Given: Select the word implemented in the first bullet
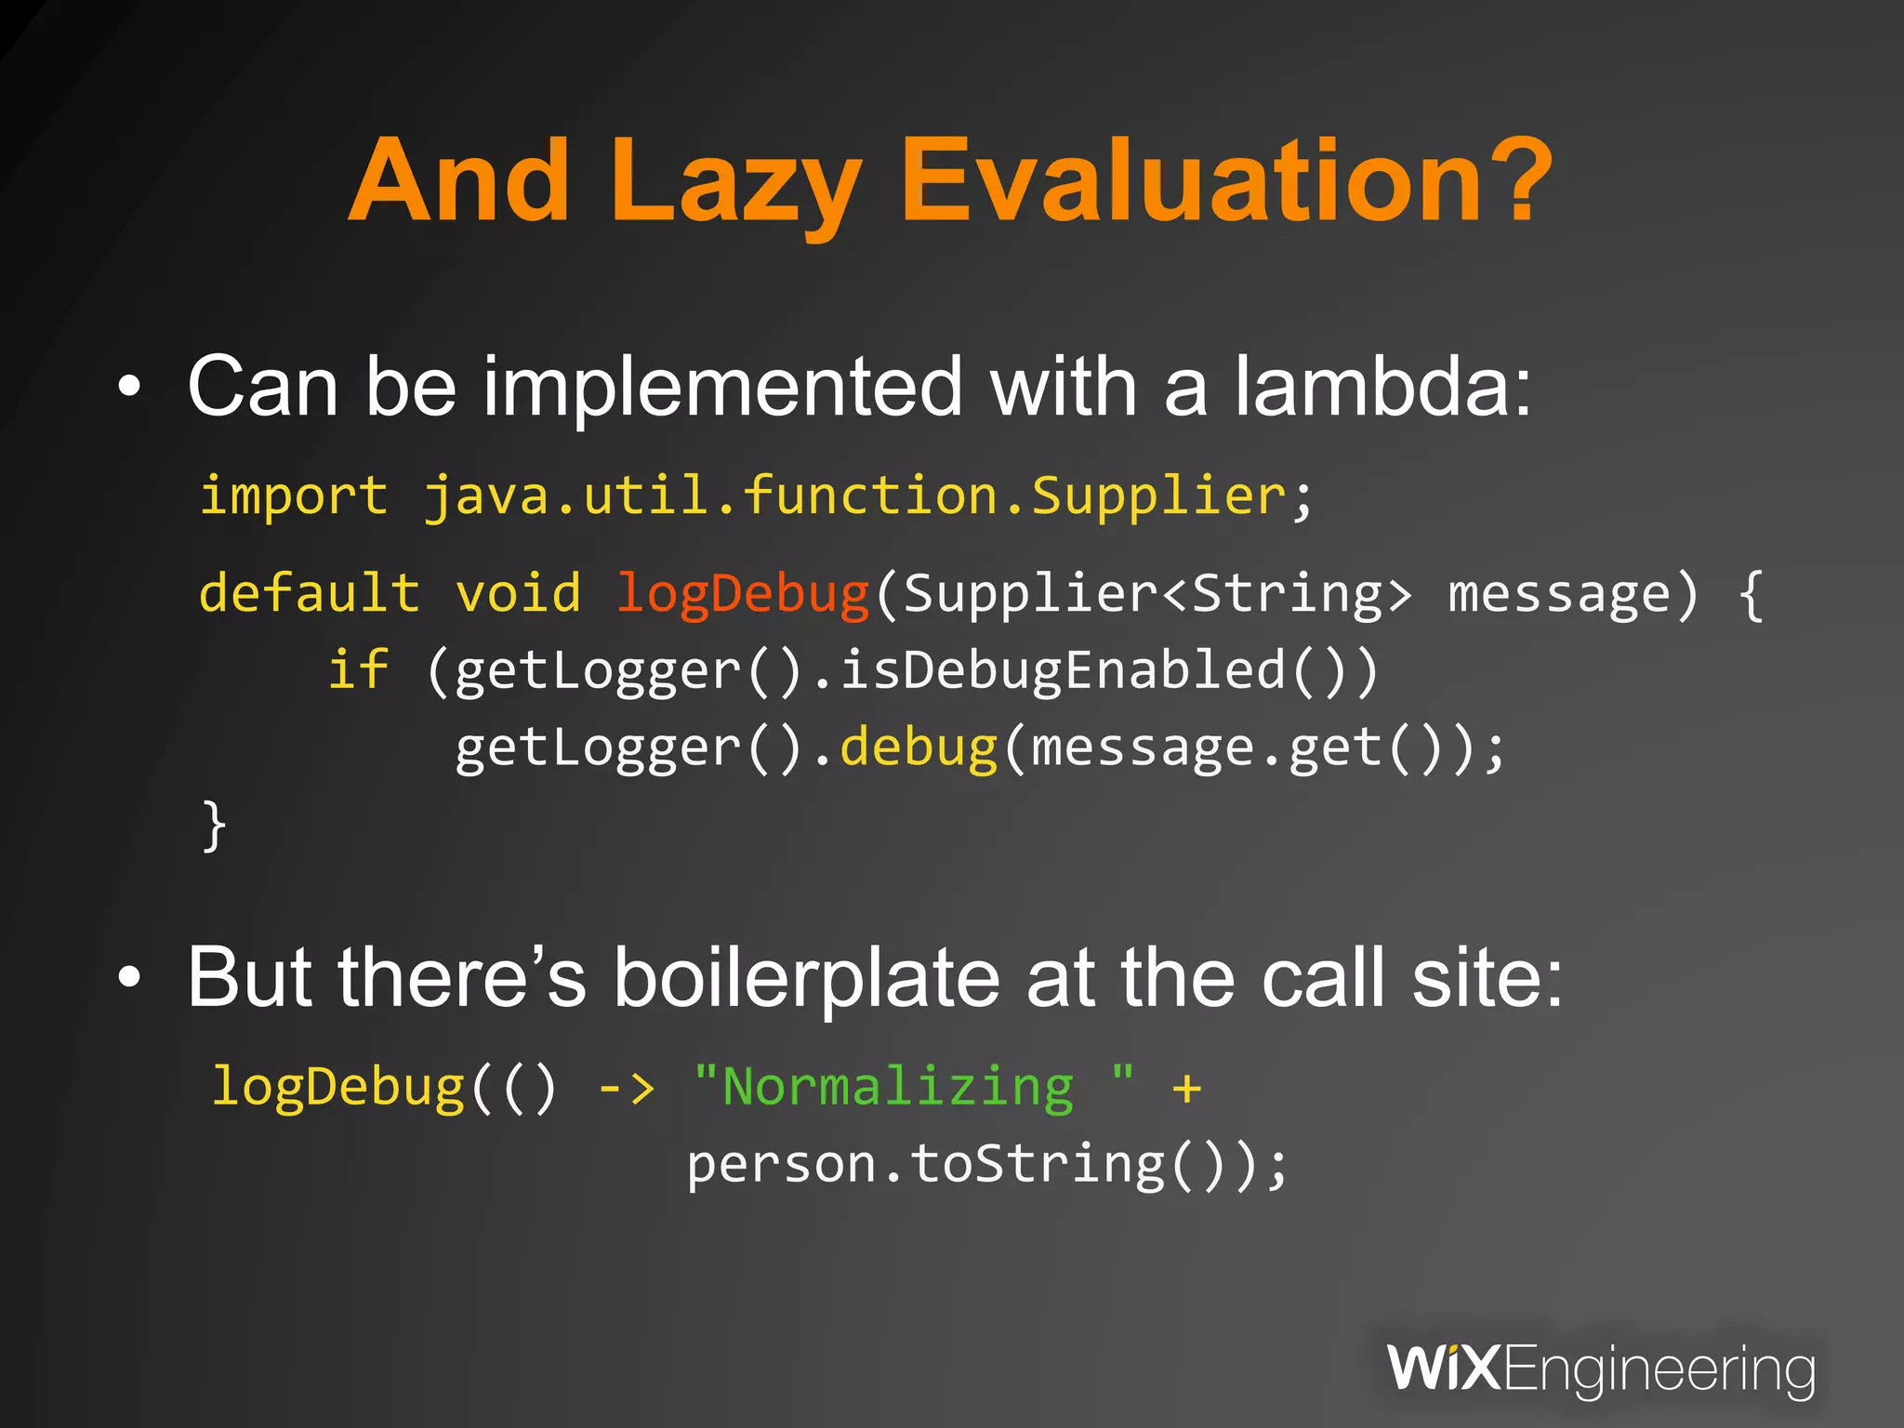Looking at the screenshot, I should click(x=721, y=389).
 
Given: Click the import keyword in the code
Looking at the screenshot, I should click(x=294, y=495).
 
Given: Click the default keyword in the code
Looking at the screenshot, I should click(x=309, y=593).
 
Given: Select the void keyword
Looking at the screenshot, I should click(x=518, y=593).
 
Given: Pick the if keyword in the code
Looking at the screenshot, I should click(x=359, y=669).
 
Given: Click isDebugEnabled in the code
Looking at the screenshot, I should click(x=1063, y=671).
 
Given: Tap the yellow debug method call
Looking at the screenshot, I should click(x=919, y=748).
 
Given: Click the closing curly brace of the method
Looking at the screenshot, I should click(x=214, y=825).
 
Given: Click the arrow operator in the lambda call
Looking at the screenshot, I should click(x=626, y=1087).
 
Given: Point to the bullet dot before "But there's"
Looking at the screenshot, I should click(x=130, y=978).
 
